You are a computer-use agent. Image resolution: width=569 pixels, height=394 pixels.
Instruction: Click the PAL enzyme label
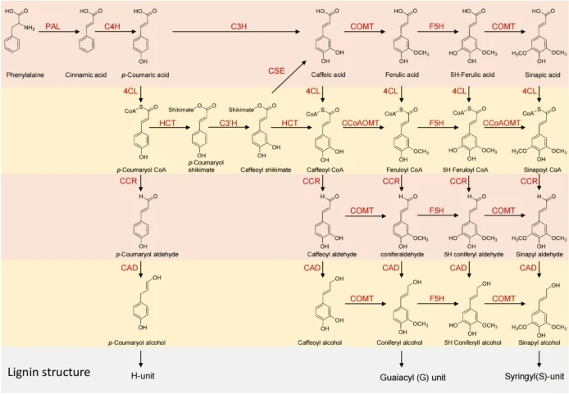point(52,26)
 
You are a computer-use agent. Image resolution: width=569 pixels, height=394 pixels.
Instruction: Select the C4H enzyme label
point(112,26)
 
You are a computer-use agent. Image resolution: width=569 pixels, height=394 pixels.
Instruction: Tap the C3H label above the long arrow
point(239,26)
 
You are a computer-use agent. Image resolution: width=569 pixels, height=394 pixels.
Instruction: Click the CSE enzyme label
point(276,70)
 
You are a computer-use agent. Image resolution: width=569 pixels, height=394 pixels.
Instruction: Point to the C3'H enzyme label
point(228,123)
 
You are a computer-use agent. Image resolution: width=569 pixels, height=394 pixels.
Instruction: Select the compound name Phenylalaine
point(25,75)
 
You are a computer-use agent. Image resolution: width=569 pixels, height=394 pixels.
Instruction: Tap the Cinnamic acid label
point(86,75)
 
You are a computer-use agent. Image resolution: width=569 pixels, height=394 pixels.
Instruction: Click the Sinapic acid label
point(543,75)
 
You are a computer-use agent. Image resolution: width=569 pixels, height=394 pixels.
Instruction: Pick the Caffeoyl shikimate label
point(266,170)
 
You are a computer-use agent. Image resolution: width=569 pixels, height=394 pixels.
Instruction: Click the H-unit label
point(143,376)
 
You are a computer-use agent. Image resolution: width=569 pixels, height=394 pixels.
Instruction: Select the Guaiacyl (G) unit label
point(413,378)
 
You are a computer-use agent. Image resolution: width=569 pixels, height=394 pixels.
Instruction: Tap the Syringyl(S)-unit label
point(535,377)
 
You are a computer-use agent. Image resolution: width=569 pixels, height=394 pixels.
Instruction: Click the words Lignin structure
point(49,372)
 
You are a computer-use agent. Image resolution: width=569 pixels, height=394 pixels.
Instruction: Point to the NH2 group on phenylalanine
point(30,28)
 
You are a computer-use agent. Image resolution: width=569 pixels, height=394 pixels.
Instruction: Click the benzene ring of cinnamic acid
point(86,44)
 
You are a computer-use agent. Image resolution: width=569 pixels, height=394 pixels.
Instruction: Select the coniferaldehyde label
point(402,255)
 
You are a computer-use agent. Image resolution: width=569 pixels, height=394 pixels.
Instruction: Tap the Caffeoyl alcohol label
point(320,342)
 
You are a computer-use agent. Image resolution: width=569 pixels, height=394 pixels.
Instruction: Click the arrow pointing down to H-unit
point(141,360)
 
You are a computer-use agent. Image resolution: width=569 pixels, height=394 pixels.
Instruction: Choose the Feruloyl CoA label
point(404,170)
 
